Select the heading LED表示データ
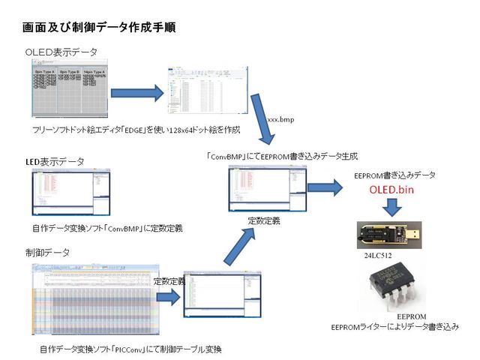click(x=55, y=161)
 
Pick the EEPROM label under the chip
click(x=412, y=316)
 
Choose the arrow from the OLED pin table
click(x=137, y=94)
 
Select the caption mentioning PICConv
click(x=131, y=350)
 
